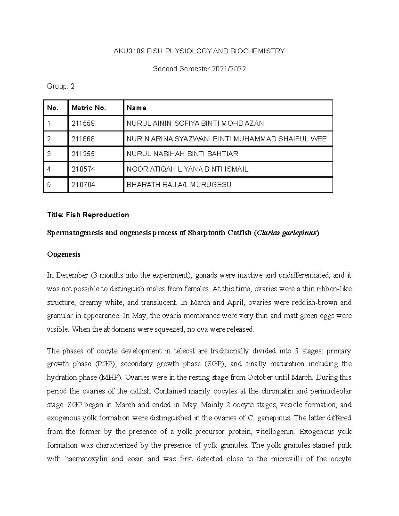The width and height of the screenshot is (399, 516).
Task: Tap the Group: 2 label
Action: (61, 87)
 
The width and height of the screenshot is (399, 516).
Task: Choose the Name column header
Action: (136, 108)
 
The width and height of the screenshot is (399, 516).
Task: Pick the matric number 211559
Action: (83, 123)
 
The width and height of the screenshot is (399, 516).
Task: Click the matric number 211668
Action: (83, 139)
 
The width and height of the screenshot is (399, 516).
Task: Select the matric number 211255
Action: (83, 154)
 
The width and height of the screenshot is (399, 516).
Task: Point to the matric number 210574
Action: (83, 169)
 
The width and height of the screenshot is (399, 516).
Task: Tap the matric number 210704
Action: (83, 185)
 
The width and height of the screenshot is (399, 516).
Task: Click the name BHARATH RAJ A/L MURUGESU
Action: (179, 185)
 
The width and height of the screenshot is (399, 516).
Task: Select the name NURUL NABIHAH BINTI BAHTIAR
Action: (182, 154)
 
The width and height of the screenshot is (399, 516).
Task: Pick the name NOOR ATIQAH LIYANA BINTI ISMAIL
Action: (187, 169)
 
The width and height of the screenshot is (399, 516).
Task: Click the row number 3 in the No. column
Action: (49, 154)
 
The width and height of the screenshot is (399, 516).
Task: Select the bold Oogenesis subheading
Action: (64, 255)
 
